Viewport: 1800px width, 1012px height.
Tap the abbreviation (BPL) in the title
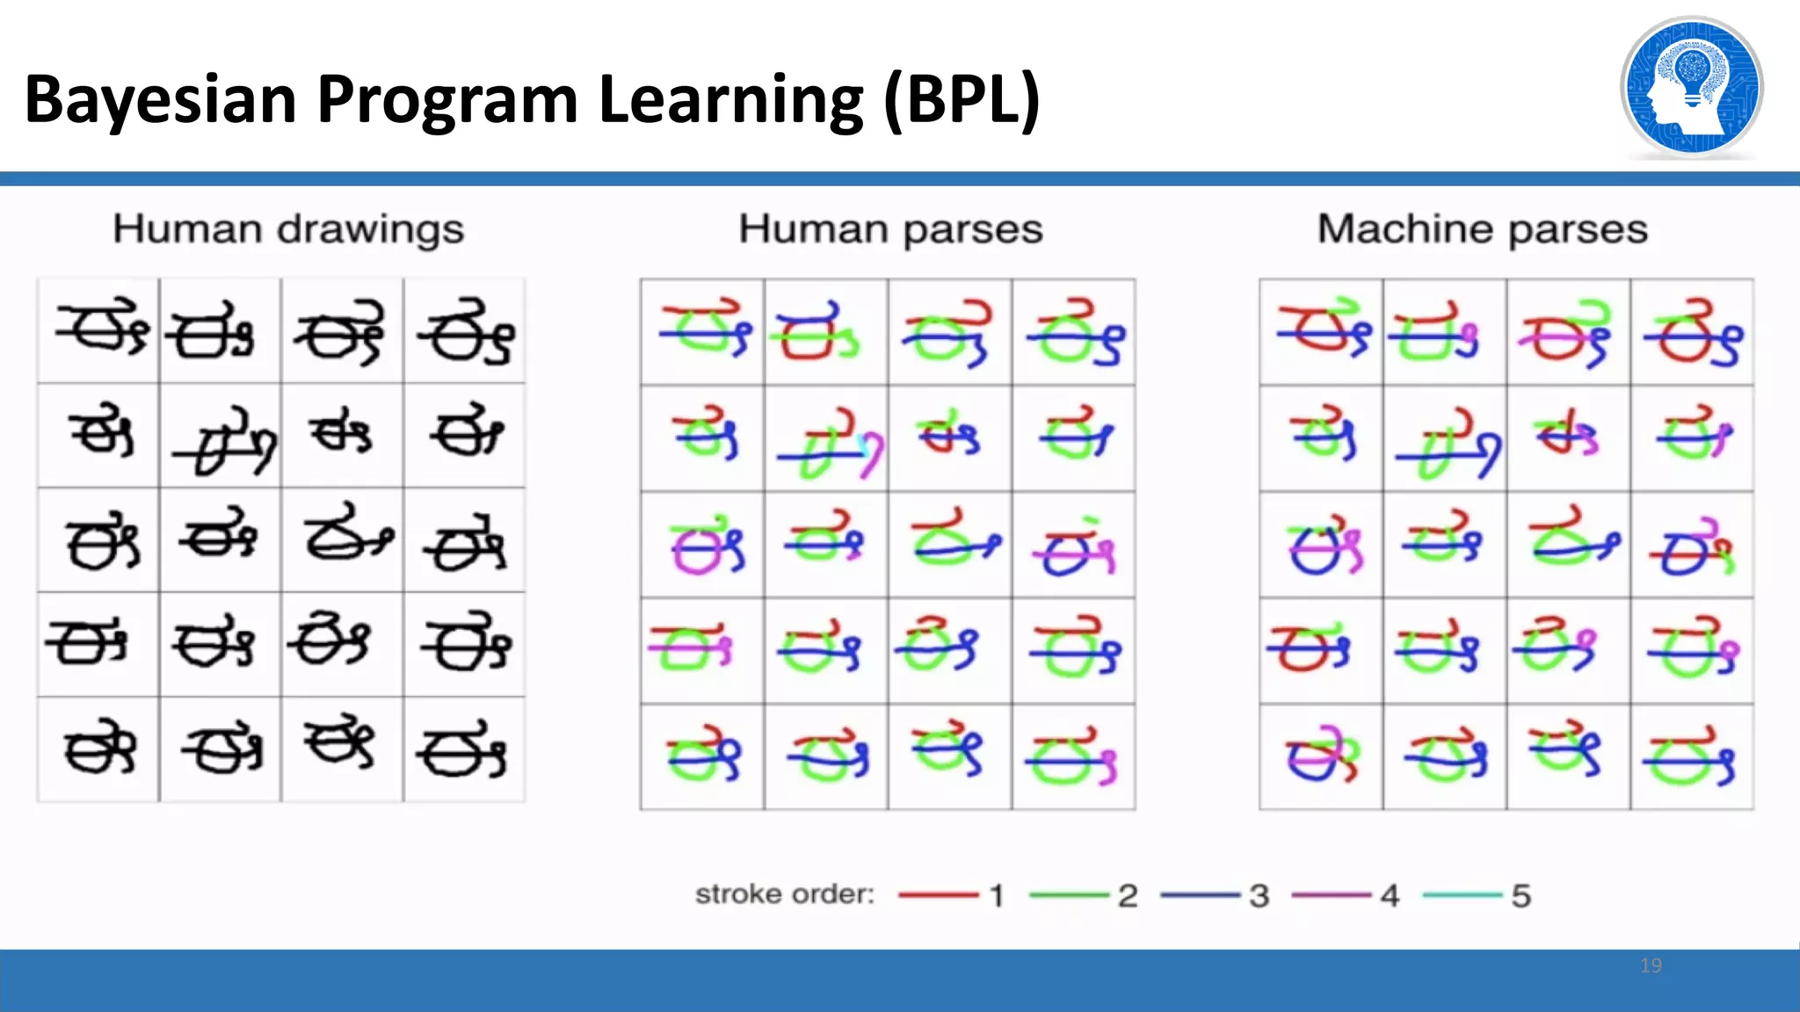coord(962,99)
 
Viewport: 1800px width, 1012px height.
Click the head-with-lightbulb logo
coord(1691,88)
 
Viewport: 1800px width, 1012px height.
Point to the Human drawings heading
coord(288,229)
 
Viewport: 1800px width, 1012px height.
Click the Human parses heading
coord(890,229)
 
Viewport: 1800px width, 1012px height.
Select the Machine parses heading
coord(1482,229)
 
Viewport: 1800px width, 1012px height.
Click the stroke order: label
coord(785,894)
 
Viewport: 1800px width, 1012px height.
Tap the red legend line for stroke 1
coord(938,895)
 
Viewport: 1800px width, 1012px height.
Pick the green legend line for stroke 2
coord(1069,895)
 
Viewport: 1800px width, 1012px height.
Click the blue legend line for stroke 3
coord(1200,895)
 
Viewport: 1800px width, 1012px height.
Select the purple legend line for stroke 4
coord(1331,895)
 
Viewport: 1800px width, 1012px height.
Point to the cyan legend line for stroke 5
coord(1462,895)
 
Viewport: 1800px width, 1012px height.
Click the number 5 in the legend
coord(1521,896)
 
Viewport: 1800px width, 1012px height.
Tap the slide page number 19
coord(1651,965)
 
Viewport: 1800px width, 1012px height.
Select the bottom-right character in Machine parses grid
coord(1691,756)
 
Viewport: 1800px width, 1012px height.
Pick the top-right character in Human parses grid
coord(1073,332)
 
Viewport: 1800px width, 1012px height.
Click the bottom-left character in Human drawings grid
coord(99,749)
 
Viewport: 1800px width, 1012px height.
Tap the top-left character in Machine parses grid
coord(1321,332)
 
